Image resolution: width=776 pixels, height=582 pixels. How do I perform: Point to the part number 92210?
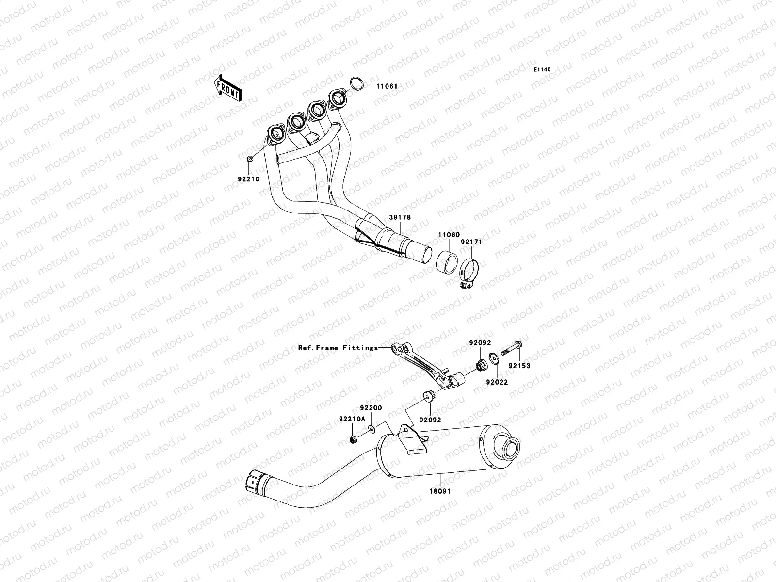[248, 179]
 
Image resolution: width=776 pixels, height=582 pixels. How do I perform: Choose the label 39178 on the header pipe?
[399, 217]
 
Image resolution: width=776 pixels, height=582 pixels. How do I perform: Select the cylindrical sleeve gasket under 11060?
[446, 262]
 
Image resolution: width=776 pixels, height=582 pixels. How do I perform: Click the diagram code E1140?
[542, 70]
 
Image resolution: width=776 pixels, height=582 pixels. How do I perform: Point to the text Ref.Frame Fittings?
[338, 348]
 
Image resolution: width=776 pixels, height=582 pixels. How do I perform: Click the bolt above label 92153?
[513, 348]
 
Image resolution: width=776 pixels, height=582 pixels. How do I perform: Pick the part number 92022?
[497, 382]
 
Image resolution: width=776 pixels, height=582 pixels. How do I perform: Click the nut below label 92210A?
[354, 440]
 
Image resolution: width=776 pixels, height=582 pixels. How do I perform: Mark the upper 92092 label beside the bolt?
[480, 343]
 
